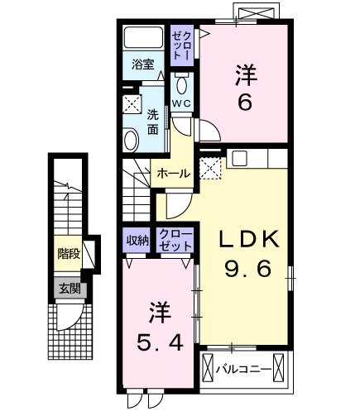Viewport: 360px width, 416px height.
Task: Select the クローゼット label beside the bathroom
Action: pos(182,43)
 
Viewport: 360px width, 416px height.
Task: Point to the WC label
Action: pos(182,103)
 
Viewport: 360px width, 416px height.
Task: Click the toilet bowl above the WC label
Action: pos(182,84)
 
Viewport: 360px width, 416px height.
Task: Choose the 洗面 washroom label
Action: pos(153,122)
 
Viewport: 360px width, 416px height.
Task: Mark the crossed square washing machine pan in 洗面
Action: pos(132,104)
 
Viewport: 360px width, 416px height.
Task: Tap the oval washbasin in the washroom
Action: pos(131,141)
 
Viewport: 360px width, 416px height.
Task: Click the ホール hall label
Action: pos(174,174)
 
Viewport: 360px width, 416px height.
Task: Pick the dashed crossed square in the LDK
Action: pos(210,168)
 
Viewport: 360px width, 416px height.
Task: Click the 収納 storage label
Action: pos(137,241)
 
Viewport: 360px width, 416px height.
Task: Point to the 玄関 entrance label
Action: pos(68,289)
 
